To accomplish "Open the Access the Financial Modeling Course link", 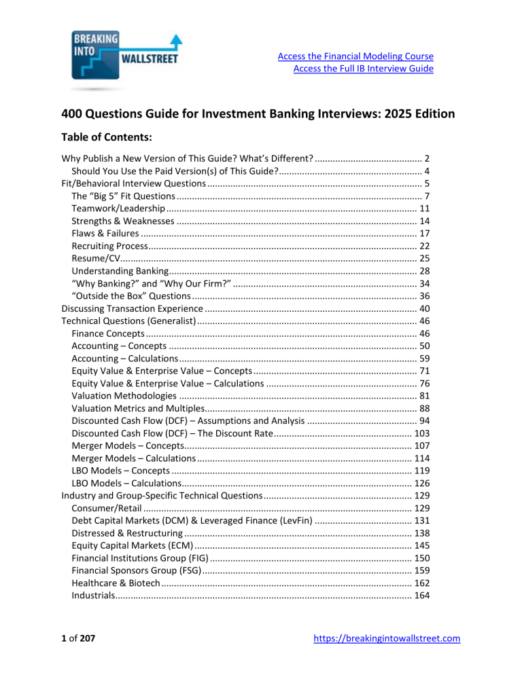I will point(356,56).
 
